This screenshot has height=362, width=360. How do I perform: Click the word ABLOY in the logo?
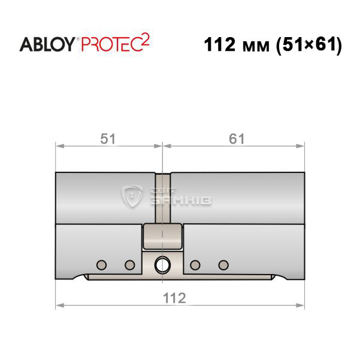[47, 44]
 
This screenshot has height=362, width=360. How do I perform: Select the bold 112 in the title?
[219, 44]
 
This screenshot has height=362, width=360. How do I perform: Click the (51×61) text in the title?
[309, 45]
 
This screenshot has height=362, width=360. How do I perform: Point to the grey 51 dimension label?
[108, 139]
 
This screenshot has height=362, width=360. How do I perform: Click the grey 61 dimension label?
[237, 139]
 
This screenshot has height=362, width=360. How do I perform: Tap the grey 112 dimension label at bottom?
[174, 298]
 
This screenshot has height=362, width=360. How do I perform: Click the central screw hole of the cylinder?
[162, 264]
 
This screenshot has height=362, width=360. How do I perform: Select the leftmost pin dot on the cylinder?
[101, 265]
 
